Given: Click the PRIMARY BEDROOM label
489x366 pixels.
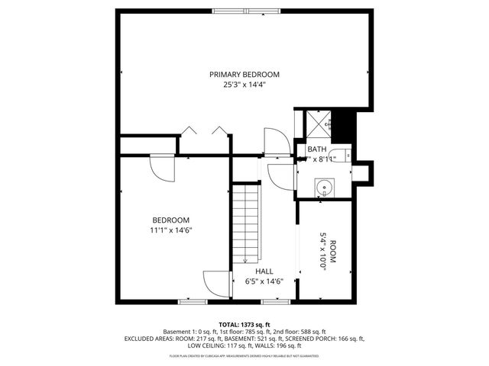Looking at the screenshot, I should coord(244,74).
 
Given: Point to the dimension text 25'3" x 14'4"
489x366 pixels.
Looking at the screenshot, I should coord(244,85).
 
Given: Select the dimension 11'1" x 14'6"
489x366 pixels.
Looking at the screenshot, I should coord(170,230).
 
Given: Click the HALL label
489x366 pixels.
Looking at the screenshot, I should coord(264,271).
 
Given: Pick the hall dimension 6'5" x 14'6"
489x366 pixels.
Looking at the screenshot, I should coord(264,281).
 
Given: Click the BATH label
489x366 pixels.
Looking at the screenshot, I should coord(317,149).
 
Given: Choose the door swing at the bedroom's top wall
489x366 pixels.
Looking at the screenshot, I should coord(162,165).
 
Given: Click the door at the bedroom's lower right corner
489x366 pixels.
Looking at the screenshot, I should coord(216,284).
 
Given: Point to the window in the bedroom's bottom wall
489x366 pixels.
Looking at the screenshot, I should coord(192,302).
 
